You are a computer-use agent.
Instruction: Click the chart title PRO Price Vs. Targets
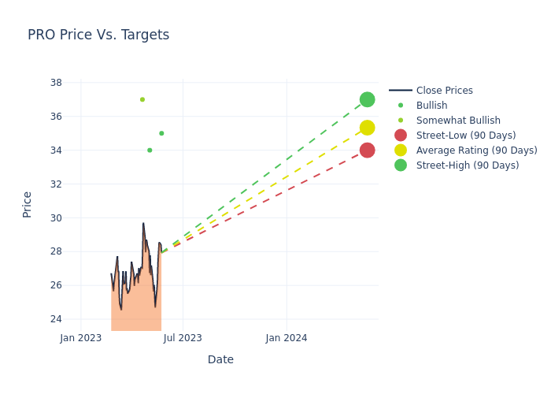[98, 35]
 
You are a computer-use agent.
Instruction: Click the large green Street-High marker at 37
[367, 99]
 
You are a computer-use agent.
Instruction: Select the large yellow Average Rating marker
[367, 128]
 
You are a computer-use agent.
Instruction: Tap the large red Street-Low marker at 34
[367, 150]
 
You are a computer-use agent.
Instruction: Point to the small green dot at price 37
[142, 99]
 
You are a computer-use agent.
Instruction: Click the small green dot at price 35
[161, 133]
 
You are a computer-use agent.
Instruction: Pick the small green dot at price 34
[150, 150]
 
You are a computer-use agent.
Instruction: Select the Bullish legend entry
[431, 106]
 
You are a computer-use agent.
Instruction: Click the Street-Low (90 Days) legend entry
[466, 136]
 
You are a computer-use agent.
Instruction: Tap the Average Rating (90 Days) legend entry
[476, 151]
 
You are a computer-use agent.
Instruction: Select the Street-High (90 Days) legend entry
[468, 165]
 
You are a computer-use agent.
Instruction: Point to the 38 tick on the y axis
[56, 83]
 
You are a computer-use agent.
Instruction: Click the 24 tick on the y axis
[56, 319]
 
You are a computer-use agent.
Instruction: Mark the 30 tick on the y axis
[56, 217]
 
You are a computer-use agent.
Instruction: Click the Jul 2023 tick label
[183, 338]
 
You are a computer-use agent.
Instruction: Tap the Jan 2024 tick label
[287, 338]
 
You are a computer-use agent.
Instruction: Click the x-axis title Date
[220, 360]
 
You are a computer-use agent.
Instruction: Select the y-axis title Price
[28, 204]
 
